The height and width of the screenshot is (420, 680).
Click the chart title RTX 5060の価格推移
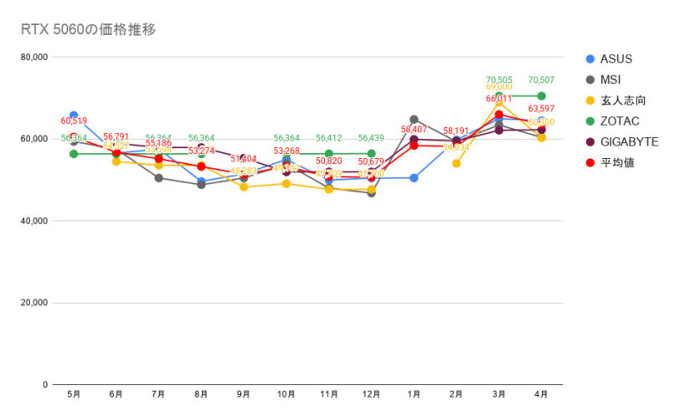[88, 30]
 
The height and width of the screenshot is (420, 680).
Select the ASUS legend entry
[616, 59]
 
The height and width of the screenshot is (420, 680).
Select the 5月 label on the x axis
[74, 394]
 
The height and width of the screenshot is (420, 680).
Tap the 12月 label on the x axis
[371, 394]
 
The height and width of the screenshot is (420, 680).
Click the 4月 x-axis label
[541, 394]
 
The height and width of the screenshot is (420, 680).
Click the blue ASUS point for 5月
[74, 115]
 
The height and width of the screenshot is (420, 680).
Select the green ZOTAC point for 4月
[541, 96]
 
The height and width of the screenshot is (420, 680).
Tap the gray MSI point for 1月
[414, 120]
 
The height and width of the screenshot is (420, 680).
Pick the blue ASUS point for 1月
[414, 177]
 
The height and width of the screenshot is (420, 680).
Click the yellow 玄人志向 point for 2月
[456, 163]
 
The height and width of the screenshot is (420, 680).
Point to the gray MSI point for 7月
[159, 178]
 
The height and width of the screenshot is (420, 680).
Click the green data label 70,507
[541, 80]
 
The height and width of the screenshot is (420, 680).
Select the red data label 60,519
[74, 121]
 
